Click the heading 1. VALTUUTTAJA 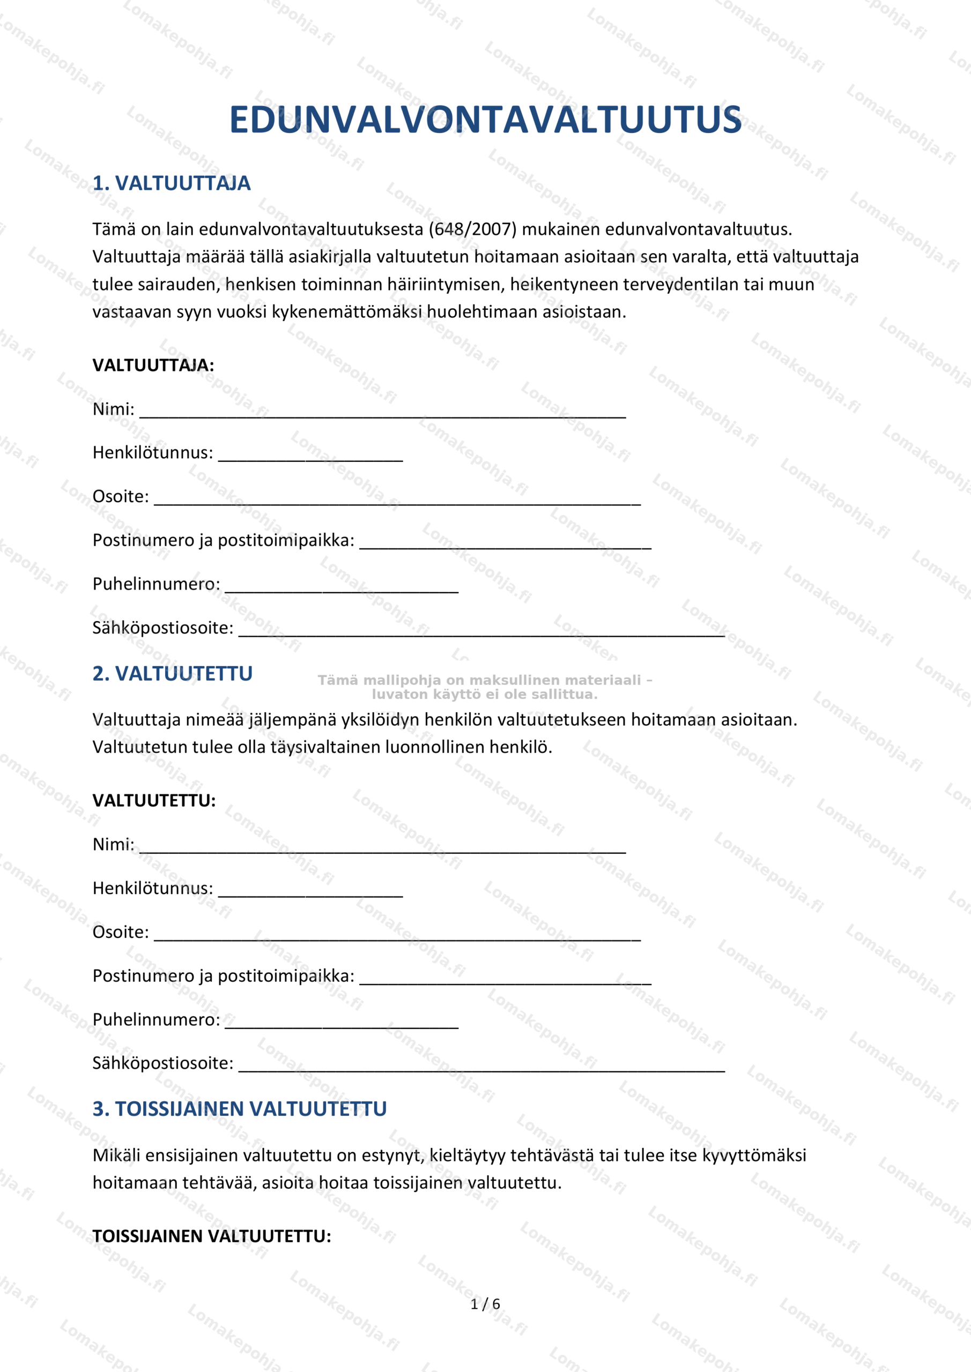[x=171, y=183]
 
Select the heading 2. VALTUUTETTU [x=172, y=674]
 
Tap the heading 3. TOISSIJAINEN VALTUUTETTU [x=239, y=1109]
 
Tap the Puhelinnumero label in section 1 [x=156, y=584]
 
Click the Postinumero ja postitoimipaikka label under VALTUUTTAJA [x=223, y=540]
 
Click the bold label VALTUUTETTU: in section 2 [x=154, y=801]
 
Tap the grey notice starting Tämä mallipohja [x=484, y=687]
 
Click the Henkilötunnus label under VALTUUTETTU [x=152, y=889]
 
